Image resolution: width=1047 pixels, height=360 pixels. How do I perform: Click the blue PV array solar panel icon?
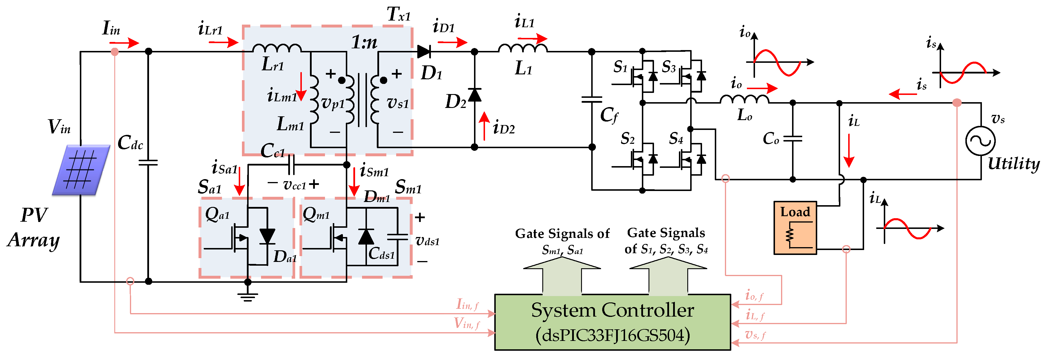[81, 170]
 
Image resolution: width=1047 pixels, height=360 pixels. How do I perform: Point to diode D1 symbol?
[424, 52]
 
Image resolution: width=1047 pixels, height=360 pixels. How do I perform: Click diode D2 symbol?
[474, 95]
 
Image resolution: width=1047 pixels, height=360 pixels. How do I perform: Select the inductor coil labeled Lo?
[744, 100]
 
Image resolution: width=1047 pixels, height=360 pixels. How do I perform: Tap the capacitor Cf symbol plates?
[592, 100]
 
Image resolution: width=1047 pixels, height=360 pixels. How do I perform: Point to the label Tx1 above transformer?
[398, 15]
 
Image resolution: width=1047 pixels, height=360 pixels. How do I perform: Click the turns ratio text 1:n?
[364, 42]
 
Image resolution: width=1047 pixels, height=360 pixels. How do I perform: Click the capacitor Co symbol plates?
[793, 139]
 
